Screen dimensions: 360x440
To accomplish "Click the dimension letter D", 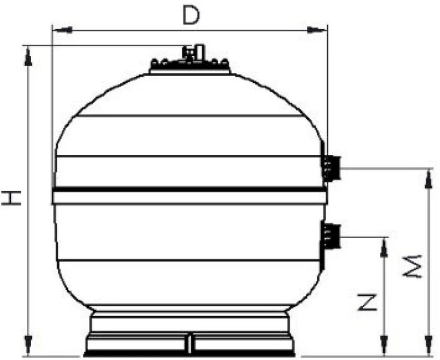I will pos(190,16).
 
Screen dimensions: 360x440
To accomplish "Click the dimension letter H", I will pos(11,197).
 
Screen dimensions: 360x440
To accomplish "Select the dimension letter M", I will pos(415,267).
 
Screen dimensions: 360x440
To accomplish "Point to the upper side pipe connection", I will pos(331,167).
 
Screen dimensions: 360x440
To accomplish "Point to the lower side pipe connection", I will pos(331,236).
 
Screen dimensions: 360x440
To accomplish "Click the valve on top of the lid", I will pos(191,52).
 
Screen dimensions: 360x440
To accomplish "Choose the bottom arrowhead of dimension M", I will pos(428,347).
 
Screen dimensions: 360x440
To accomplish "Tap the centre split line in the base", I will pos(190,344).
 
